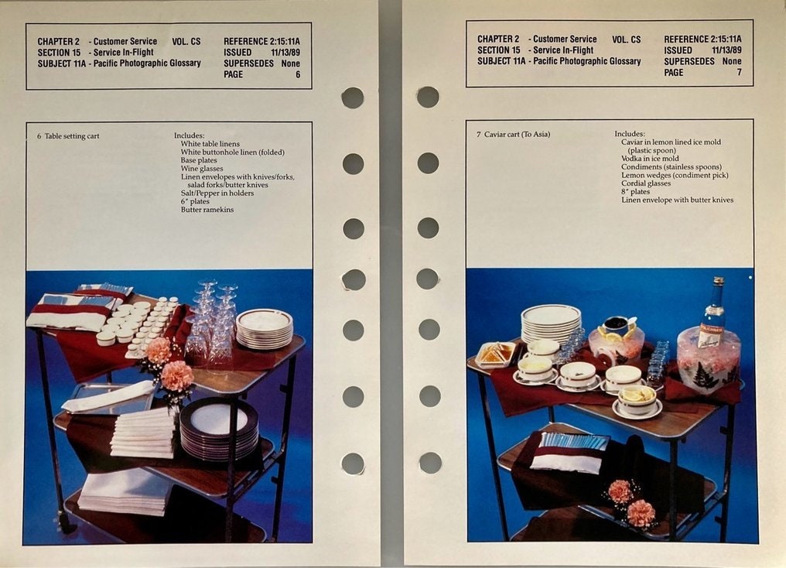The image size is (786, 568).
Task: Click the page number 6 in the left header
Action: pyautogui.click(x=298, y=75)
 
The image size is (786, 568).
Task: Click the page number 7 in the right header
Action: pyautogui.click(x=739, y=72)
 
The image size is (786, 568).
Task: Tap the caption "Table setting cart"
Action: pyautogui.click(x=72, y=136)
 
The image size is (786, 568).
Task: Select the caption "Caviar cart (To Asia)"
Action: pyautogui.click(x=517, y=135)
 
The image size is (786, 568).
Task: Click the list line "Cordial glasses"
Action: pyautogui.click(x=646, y=183)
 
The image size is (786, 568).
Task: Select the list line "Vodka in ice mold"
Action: pyautogui.click(x=650, y=159)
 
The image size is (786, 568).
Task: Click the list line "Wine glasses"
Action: pyautogui.click(x=202, y=169)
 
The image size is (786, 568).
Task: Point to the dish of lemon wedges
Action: pyautogui.click(x=637, y=398)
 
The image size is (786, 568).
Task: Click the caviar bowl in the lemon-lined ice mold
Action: pyautogui.click(x=617, y=324)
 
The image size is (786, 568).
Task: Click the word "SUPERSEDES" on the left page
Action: pyautogui.click(x=248, y=63)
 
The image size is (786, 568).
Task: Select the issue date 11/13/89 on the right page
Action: pyautogui.click(x=726, y=50)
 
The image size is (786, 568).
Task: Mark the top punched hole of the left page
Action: pyautogui.click(x=353, y=98)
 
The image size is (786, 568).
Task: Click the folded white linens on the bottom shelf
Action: pyautogui.click(x=126, y=493)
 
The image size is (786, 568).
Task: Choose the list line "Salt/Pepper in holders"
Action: pyautogui.click(x=217, y=193)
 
